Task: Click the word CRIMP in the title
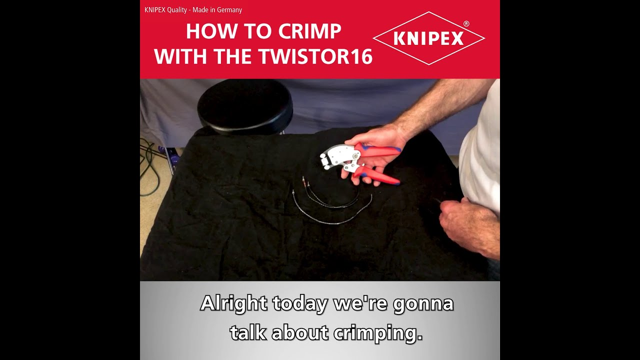309,31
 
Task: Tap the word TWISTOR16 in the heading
316,56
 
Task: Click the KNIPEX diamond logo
429,38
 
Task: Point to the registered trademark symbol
466,23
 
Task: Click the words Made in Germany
217,10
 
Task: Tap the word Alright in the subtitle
234,303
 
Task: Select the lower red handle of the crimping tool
377,175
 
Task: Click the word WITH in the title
180,56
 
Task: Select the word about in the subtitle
299,333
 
